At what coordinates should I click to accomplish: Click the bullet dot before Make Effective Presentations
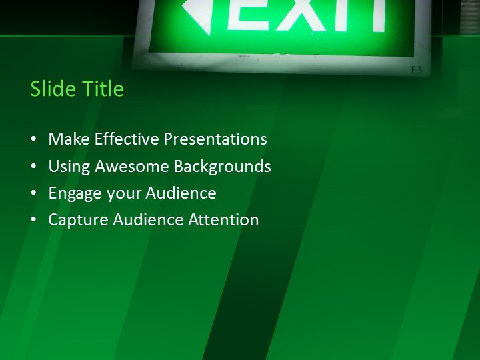pyautogui.click(x=34, y=140)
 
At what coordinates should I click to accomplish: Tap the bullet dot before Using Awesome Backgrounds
pyautogui.click(x=34, y=167)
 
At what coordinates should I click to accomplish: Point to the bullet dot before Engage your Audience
pyautogui.click(x=34, y=193)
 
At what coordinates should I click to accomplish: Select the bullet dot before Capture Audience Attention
pyautogui.click(x=34, y=220)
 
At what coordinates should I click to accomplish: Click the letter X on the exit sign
pyautogui.click(x=300, y=15)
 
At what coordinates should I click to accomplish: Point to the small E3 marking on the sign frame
pyautogui.click(x=417, y=69)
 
